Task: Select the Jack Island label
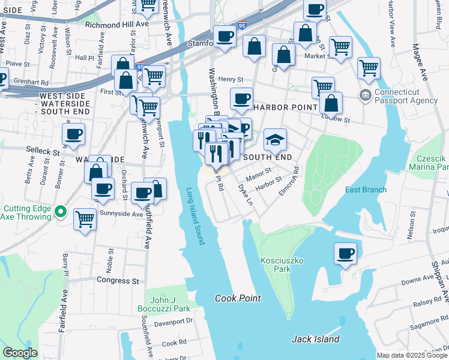(x=316, y=339)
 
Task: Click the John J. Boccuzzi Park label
(x=170, y=304)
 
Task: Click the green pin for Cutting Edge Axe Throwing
(x=60, y=211)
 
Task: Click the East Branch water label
(x=366, y=190)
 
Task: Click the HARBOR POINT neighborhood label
(x=285, y=107)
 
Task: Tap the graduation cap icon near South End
(x=276, y=140)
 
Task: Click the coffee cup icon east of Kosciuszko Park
(x=345, y=253)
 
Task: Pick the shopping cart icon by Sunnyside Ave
(x=85, y=219)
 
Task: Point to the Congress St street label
(x=118, y=280)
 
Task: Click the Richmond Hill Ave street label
(x=116, y=25)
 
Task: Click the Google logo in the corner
(x=20, y=353)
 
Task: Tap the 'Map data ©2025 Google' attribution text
(x=412, y=355)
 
